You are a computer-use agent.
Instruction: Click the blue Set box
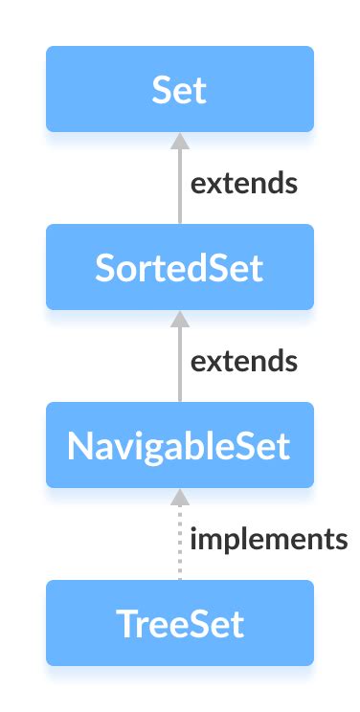point(179,89)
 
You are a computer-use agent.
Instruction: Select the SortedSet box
point(179,267)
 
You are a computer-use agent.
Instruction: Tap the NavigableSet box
point(179,445)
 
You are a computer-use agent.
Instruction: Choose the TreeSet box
point(179,623)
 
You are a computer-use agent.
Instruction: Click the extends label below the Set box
point(243,184)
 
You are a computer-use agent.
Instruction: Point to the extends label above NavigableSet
point(243,362)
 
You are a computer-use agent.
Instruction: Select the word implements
point(268,540)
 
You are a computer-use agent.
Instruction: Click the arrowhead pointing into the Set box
point(179,141)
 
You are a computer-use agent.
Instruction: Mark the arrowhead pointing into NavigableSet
point(179,497)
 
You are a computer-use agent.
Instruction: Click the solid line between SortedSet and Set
point(179,191)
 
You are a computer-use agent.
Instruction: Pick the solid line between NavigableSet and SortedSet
point(179,369)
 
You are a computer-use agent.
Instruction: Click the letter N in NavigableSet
point(79,445)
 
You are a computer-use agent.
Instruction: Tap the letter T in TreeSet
point(125,623)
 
